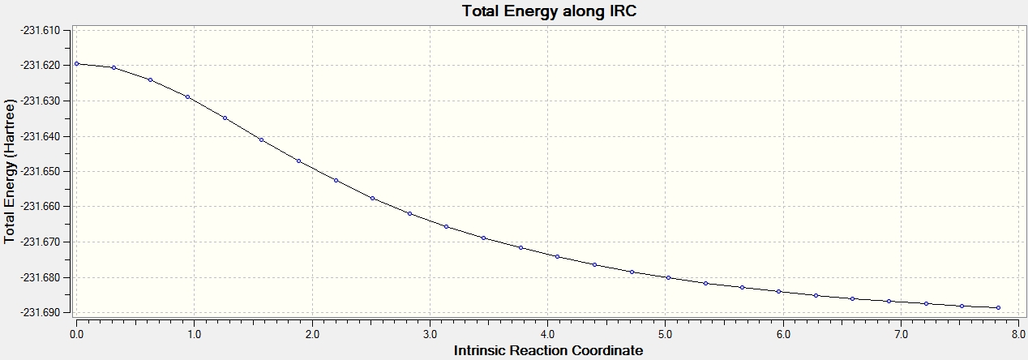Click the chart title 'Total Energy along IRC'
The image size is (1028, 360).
click(549, 11)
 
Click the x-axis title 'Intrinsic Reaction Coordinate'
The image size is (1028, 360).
click(548, 350)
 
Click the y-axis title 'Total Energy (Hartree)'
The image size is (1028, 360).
click(9, 171)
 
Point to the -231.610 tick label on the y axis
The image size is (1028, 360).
click(41, 30)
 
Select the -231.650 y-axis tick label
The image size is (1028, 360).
click(41, 171)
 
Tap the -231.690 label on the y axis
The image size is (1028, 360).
click(41, 312)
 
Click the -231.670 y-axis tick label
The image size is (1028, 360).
click(41, 242)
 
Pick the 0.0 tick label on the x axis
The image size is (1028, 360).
click(77, 334)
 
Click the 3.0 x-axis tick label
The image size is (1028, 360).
click(430, 334)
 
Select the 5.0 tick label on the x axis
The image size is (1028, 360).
click(666, 334)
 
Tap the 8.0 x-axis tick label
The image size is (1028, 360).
click(1019, 334)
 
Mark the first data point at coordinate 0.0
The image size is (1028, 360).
click(77, 64)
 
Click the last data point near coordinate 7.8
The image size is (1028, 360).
click(998, 307)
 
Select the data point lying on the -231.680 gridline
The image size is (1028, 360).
click(668, 278)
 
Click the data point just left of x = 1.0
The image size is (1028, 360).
click(187, 96)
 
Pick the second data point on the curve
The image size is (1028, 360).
click(114, 67)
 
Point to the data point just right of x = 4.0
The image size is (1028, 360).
click(558, 257)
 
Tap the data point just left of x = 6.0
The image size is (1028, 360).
click(779, 292)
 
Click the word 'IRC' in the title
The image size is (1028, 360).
click(623, 11)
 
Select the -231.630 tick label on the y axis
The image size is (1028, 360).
click(41, 101)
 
